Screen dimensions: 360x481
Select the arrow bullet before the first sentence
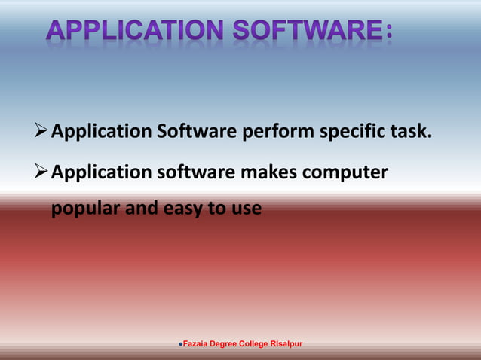pyautogui.click(x=42, y=133)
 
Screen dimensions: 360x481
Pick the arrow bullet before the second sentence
pyautogui.click(x=42, y=172)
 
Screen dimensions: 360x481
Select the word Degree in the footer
pyautogui.click(x=226, y=344)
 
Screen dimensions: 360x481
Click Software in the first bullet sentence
pyautogui.click(x=195, y=133)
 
